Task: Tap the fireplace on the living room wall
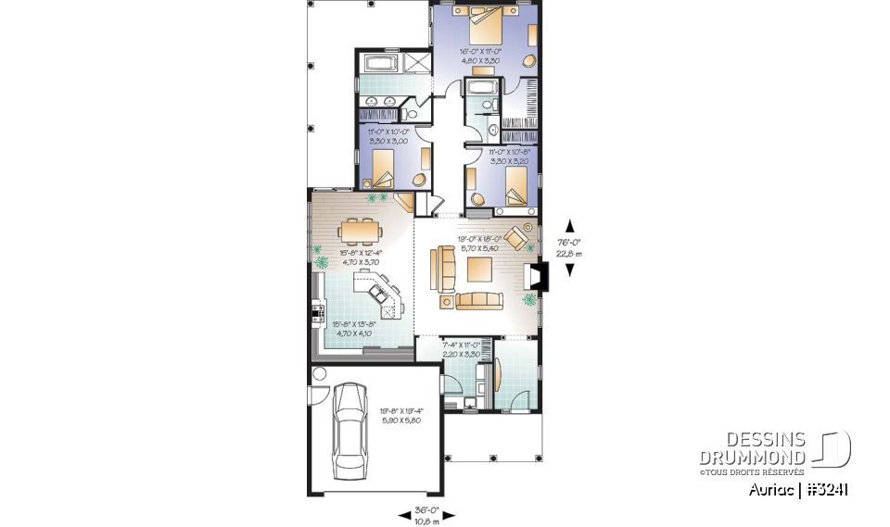pos(537,276)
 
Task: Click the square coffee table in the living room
pos(480,270)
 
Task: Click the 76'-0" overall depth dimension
pos(569,246)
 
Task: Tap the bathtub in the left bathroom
pos(381,65)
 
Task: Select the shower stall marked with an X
pos(416,65)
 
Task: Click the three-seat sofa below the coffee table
pos(477,301)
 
